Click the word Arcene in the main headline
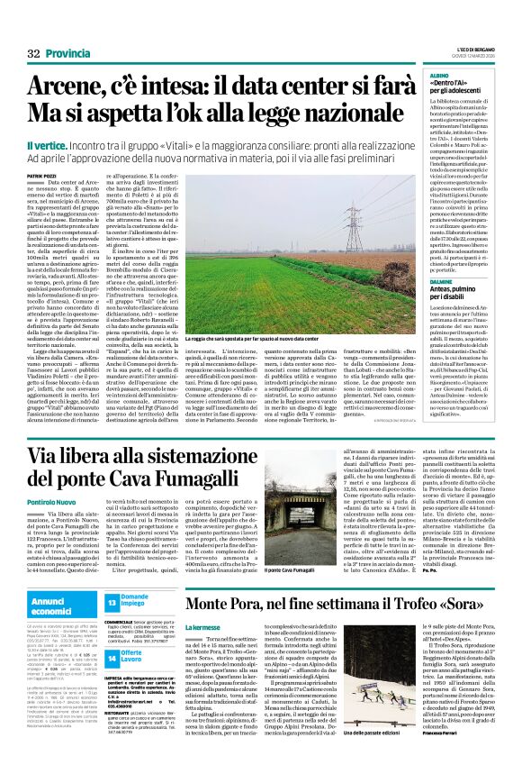pyautogui.click(x=66, y=87)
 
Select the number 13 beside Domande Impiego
pyautogui.click(x=112, y=601)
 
